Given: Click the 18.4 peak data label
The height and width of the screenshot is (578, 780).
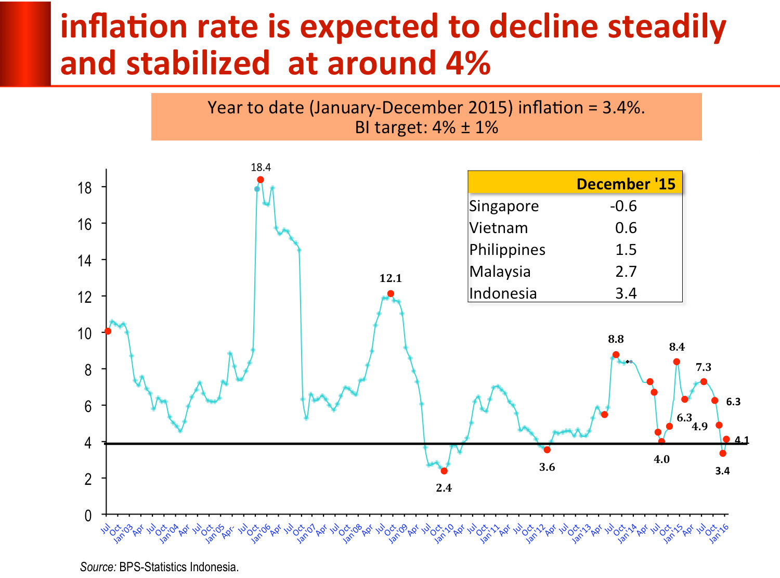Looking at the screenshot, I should (x=261, y=168).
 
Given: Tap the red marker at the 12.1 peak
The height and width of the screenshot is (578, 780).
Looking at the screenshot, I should (x=391, y=293).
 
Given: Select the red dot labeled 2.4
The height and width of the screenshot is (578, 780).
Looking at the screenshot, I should (x=444, y=471).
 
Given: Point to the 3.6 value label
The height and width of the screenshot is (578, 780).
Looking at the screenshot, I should (x=547, y=467).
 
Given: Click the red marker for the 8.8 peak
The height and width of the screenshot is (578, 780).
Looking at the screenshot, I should (x=616, y=355).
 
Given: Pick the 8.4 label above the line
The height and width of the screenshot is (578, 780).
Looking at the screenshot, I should (x=677, y=347).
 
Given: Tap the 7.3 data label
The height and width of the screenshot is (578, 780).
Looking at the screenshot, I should (x=704, y=367).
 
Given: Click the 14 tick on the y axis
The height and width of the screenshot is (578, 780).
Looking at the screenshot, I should (x=85, y=261).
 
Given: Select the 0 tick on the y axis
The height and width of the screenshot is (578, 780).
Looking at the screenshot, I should (x=88, y=516).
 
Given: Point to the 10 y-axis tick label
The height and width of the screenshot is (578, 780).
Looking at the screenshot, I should (x=85, y=333).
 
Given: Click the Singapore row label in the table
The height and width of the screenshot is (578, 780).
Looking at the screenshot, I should (x=504, y=206).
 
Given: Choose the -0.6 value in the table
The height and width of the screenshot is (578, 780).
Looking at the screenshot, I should (x=623, y=206).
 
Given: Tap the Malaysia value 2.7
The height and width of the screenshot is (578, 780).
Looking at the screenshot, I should (x=626, y=272).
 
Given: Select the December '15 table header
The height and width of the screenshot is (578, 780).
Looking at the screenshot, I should (x=626, y=184).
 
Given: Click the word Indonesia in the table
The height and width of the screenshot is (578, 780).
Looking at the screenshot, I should (x=503, y=293).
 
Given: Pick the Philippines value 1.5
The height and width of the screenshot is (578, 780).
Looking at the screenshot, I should (x=626, y=250).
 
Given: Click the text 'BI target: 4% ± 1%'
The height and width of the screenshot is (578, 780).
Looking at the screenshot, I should (x=426, y=127).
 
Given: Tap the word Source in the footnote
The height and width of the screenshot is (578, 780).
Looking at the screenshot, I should (x=98, y=567).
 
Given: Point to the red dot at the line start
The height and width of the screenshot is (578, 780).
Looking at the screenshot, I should (x=108, y=331).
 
